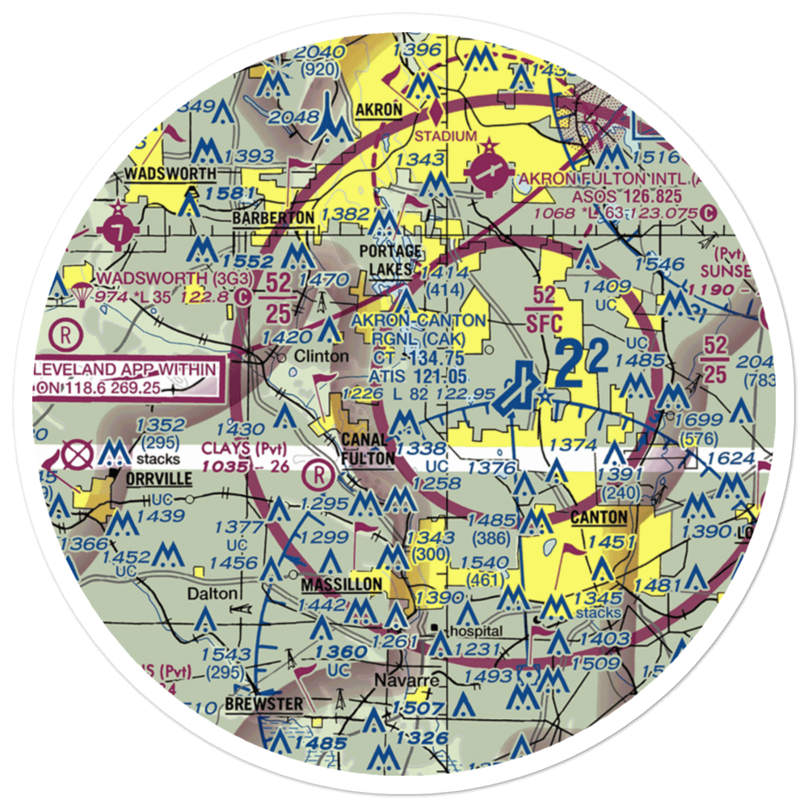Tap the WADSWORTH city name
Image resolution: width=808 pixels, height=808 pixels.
pyautogui.click(x=170, y=174)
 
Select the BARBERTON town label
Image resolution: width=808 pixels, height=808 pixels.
pyautogui.click(x=273, y=218)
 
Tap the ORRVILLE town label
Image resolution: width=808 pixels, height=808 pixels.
pyautogui.click(x=158, y=478)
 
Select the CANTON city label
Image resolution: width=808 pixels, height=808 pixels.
pyautogui.click(x=599, y=517)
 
